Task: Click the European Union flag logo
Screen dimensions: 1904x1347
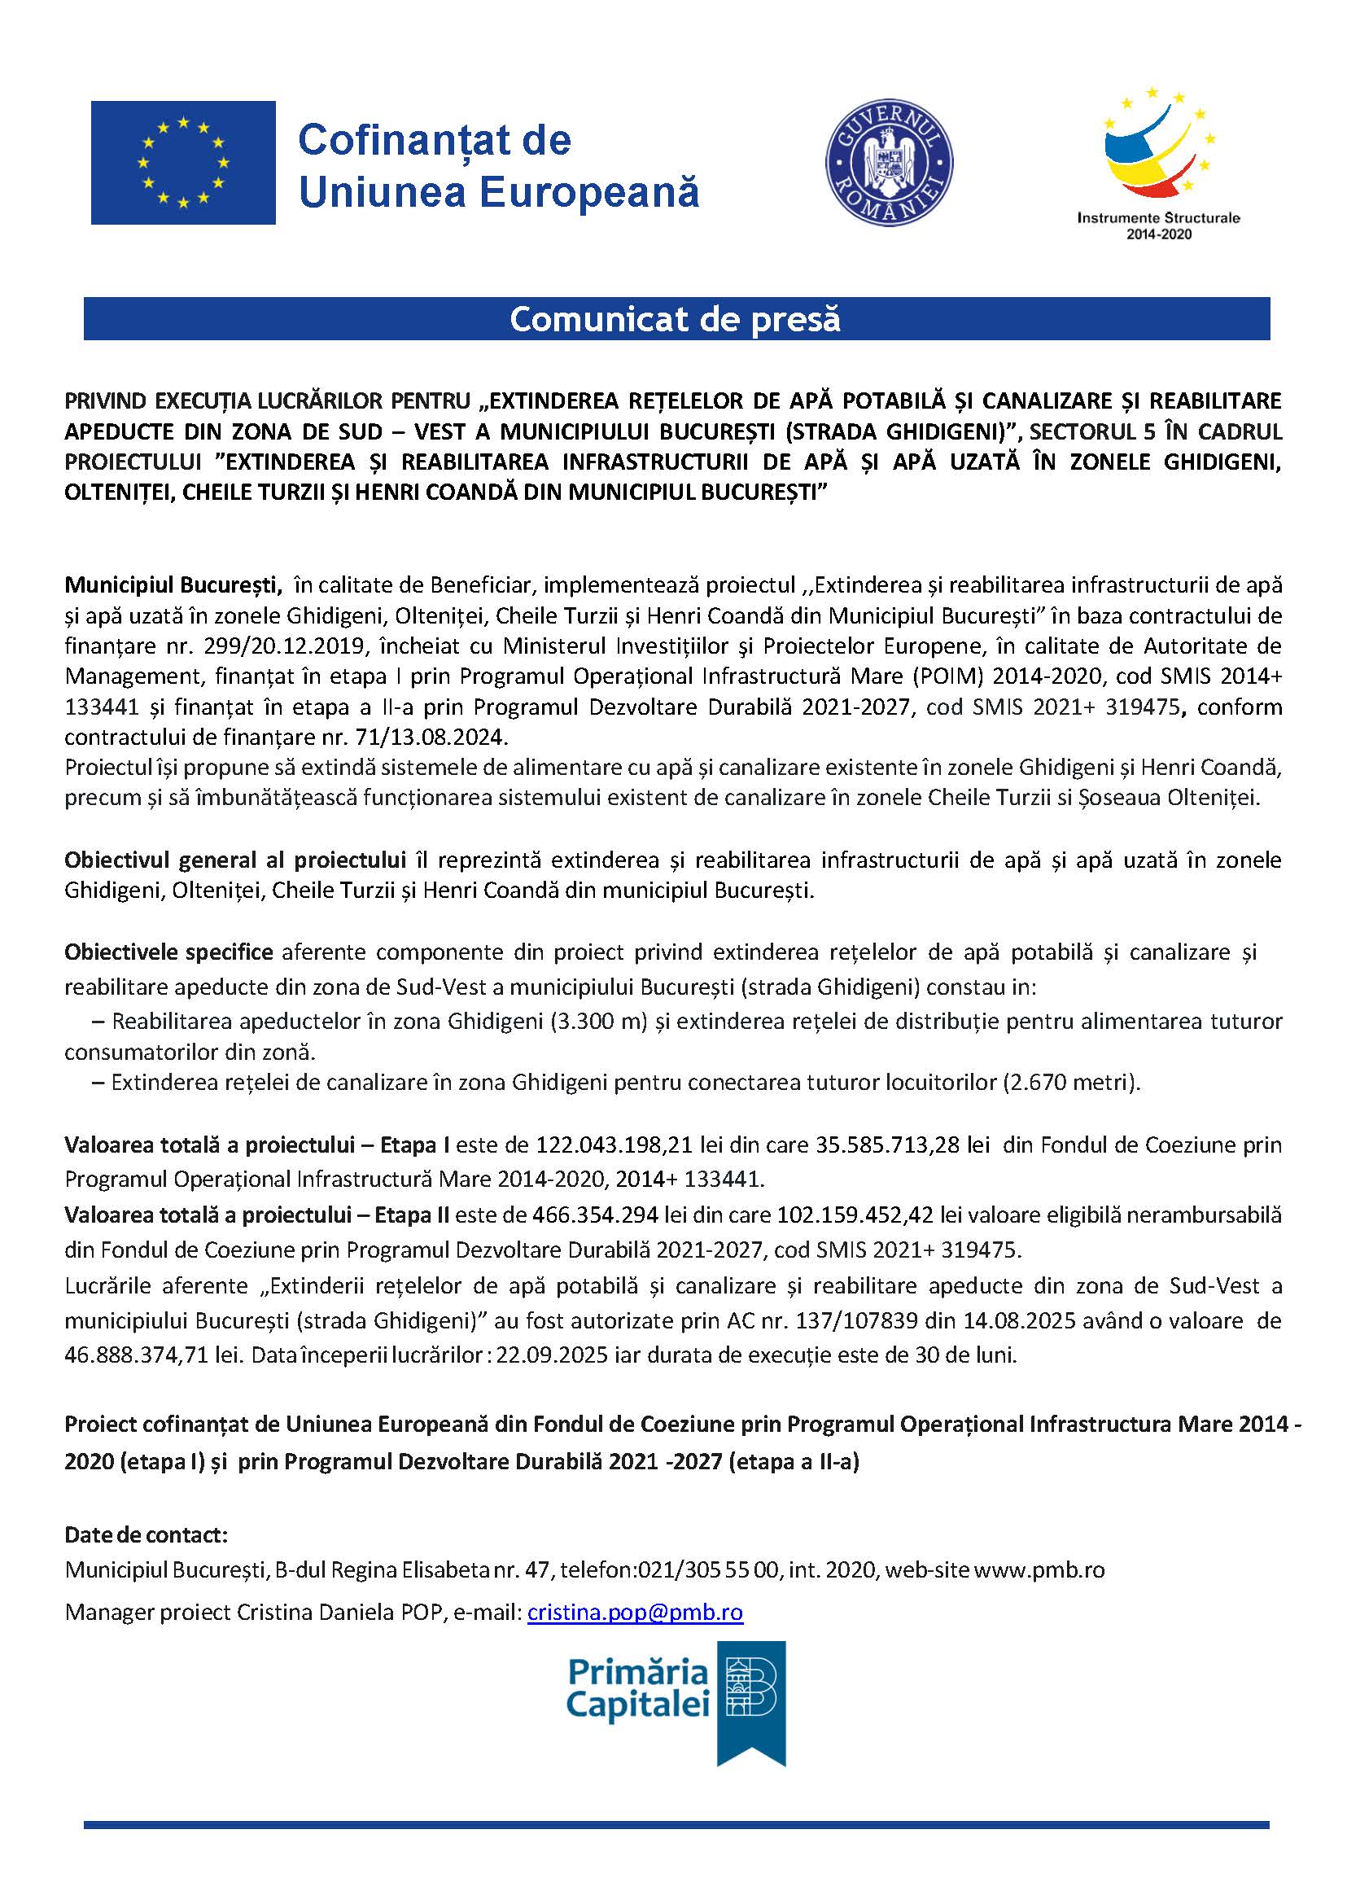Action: click(182, 163)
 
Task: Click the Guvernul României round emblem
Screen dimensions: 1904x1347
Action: click(888, 164)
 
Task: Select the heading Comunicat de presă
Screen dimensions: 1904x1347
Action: click(676, 319)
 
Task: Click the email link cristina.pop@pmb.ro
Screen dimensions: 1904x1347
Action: click(635, 1612)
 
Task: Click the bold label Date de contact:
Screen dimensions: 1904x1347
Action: click(146, 1534)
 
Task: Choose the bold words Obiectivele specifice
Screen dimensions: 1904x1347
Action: click(168, 952)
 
